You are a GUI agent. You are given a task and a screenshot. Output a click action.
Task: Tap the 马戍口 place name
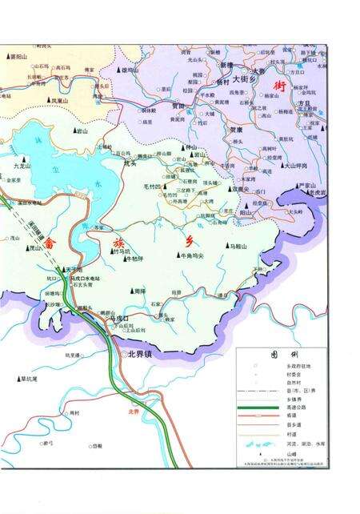pyautogui.click(x=119, y=318)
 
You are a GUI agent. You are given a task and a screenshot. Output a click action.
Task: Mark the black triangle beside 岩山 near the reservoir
pyautogui.click(x=75, y=130)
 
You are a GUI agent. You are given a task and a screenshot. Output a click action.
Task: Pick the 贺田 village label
pyautogui.click(x=177, y=105)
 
